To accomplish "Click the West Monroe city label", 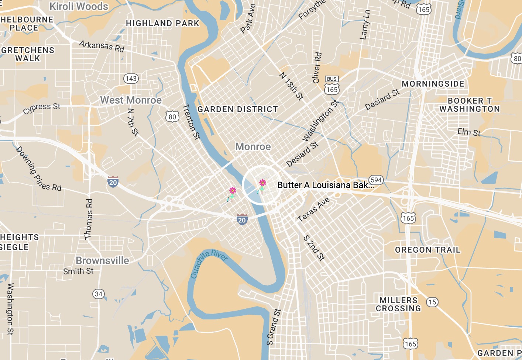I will (x=131, y=100).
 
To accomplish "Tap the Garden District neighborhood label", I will (x=237, y=110).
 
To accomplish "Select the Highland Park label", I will (x=162, y=24).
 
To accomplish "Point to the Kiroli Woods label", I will (x=79, y=7).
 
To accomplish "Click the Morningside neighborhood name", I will (x=433, y=84).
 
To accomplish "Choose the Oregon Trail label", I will (x=427, y=250).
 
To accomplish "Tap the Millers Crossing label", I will (x=398, y=305).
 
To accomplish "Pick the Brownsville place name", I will (x=102, y=261).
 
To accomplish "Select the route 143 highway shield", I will (x=131, y=79).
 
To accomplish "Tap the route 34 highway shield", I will (x=99, y=294).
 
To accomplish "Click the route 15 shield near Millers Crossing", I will (x=432, y=302).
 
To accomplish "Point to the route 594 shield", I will (x=376, y=180).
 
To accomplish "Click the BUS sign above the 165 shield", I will (x=332, y=79).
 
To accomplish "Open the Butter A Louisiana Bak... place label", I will (x=326, y=185).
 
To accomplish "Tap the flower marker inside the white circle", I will (x=262, y=184).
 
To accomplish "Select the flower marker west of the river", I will (x=233, y=192).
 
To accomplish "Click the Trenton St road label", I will (x=191, y=122).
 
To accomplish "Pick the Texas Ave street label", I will (x=313, y=210).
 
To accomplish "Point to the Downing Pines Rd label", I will (x=38, y=169).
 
